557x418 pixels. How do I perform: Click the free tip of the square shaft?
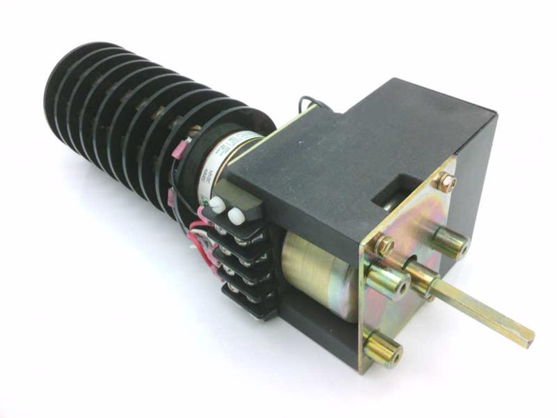click(x=527, y=336)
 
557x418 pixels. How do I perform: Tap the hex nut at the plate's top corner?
click(x=446, y=183)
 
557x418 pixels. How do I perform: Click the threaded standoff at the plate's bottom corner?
click(x=383, y=350)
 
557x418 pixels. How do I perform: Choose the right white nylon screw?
click(x=235, y=214)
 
